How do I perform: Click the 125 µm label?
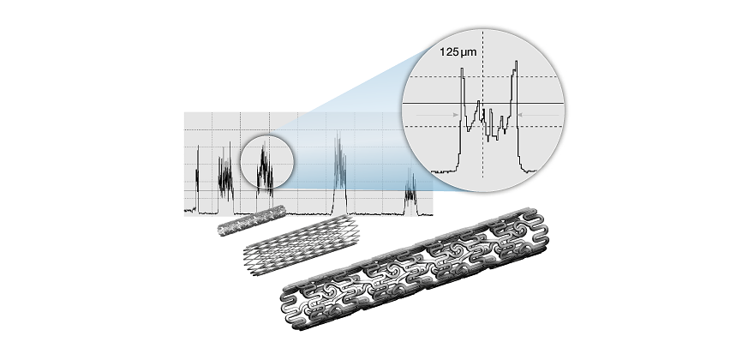pyautogui.click(x=457, y=52)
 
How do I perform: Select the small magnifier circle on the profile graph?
pyautogui.click(x=263, y=163)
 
